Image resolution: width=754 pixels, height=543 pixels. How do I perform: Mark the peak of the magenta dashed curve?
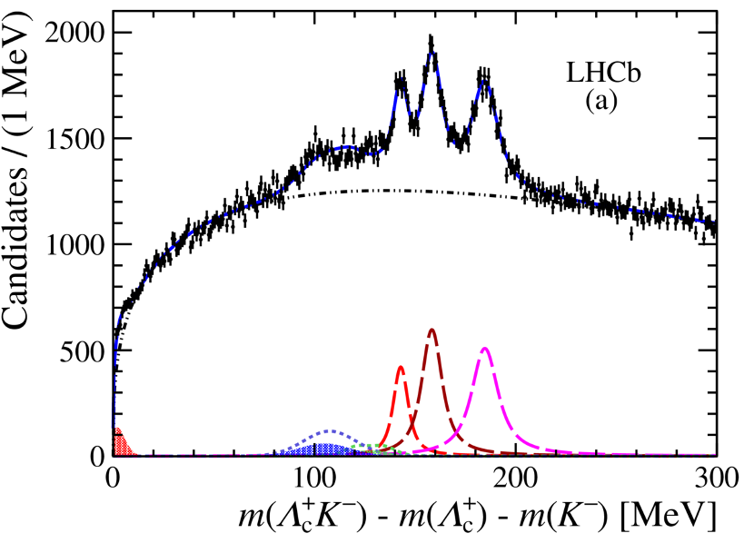pos(485,348)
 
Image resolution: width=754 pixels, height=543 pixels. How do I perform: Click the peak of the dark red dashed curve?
pos(432,330)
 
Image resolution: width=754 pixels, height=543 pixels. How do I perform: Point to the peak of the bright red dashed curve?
pos(401,367)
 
